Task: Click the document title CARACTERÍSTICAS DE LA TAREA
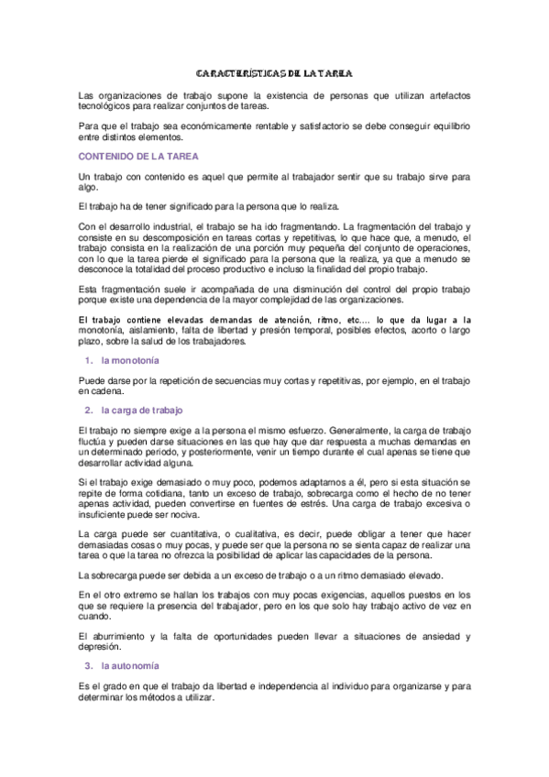click(274, 72)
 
